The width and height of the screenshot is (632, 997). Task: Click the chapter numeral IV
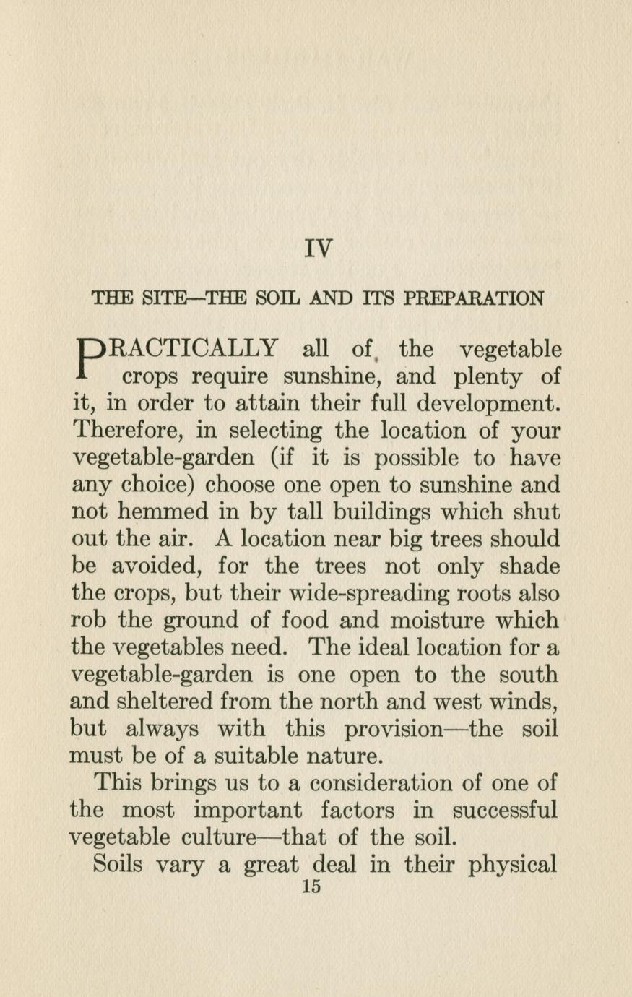pyautogui.click(x=319, y=249)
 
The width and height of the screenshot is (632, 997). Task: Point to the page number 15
pyautogui.click(x=312, y=888)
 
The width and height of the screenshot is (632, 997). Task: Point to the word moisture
pyautogui.click(x=435, y=621)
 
